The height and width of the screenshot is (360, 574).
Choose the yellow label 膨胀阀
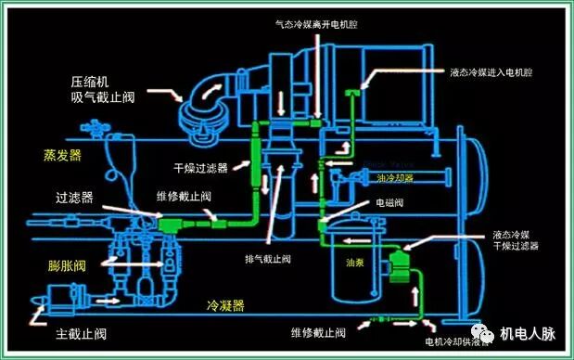click(66, 266)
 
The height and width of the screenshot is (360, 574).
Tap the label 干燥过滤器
click(200, 168)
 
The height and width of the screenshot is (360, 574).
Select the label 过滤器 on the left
click(75, 198)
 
